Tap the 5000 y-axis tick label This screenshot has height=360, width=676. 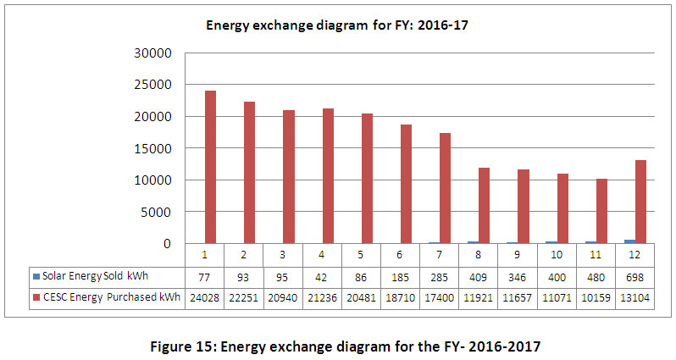[x=158, y=212]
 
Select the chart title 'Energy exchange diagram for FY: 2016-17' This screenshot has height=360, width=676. [x=337, y=25]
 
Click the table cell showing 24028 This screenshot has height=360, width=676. [x=204, y=298]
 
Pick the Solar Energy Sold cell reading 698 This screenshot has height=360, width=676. [x=635, y=277]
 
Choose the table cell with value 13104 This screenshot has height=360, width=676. [x=635, y=298]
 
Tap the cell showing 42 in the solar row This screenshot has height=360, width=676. [x=322, y=277]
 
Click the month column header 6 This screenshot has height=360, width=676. [x=401, y=255]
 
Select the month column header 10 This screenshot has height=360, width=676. [x=557, y=255]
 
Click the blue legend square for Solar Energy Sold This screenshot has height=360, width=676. [x=35, y=277]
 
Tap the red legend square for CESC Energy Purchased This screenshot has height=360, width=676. [x=35, y=298]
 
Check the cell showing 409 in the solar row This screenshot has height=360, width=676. [x=479, y=277]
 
